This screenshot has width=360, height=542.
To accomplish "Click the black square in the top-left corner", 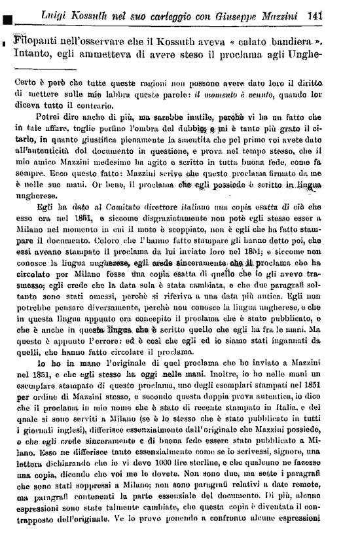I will point(6,9).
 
